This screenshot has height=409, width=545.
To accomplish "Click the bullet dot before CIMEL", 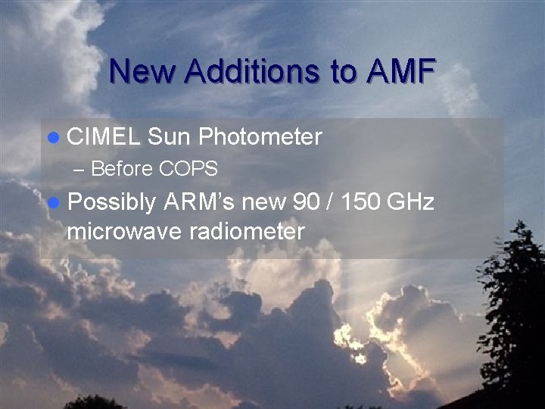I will [51, 138].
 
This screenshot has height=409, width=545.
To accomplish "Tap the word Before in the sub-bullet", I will [123, 169].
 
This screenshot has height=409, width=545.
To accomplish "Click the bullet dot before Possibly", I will [51, 202].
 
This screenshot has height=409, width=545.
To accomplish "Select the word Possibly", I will [111, 203].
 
